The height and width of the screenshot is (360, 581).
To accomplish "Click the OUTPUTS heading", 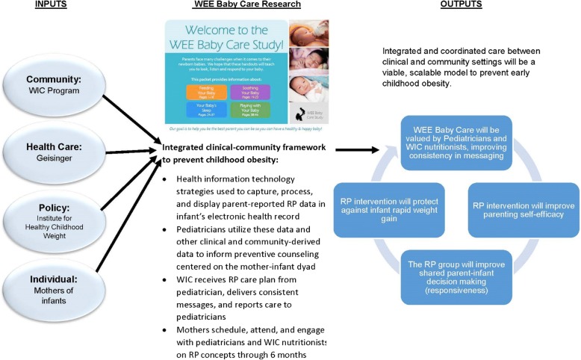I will [462, 4].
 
